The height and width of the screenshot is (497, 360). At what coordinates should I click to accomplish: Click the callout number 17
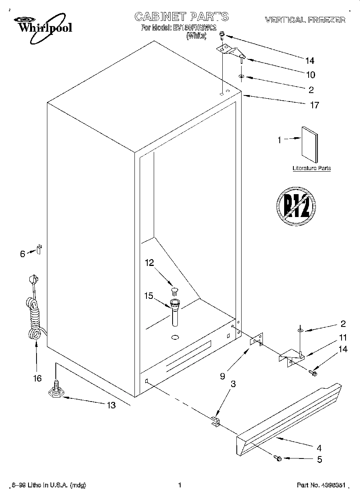(x=314, y=105)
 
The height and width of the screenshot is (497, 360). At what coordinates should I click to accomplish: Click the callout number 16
(x=37, y=378)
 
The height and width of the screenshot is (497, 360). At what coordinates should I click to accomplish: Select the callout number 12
(x=149, y=263)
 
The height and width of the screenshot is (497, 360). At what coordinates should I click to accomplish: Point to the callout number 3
(x=232, y=384)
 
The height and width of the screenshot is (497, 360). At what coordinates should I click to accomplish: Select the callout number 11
(x=343, y=338)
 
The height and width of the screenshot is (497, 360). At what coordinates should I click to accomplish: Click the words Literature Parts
(x=311, y=168)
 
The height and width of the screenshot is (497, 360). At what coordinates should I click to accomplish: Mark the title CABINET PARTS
(x=181, y=16)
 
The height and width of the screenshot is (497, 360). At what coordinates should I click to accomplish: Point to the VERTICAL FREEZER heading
(x=305, y=20)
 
